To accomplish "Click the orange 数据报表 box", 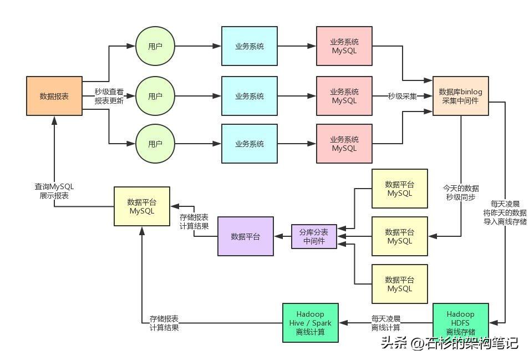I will point(54,96).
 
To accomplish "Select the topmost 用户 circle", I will point(155,46).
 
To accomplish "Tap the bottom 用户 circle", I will point(155,144).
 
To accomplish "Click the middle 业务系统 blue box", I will point(250,96).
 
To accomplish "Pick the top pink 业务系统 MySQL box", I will point(344,46).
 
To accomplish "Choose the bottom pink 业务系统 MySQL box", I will point(344,144).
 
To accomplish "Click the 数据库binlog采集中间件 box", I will point(460,96).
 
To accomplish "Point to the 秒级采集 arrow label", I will point(402,96).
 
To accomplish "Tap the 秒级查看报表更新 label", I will point(109,97).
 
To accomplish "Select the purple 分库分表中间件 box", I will point(314,237).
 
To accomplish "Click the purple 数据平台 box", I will point(246,236).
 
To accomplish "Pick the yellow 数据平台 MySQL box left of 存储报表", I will point(142,206).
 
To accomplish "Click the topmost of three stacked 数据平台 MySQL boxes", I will point(400,189).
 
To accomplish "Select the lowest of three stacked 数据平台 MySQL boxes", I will point(400,284).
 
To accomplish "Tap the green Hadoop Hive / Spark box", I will point(311,322).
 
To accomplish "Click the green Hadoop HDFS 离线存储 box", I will point(460,322).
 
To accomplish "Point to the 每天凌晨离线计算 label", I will point(386,323).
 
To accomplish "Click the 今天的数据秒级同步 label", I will point(461,192).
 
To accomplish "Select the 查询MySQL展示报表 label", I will point(54,191).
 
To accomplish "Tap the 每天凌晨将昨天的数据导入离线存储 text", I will point(505,212).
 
